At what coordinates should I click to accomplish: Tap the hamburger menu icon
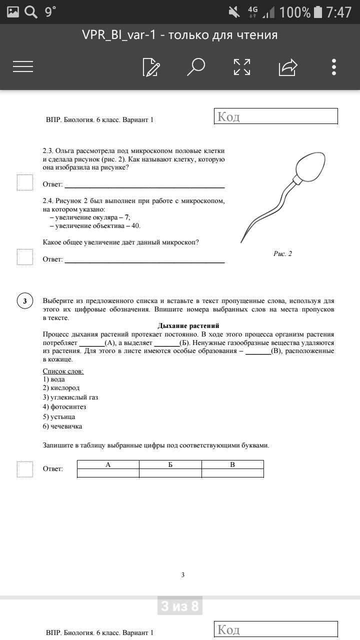23,66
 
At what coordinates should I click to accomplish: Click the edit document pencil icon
151,66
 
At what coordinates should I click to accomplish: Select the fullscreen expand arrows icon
242,66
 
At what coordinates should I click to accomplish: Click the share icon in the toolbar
288,66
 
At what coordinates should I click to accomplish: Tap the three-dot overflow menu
334,66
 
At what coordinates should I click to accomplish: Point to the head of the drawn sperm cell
310,167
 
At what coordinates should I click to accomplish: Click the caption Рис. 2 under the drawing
282,253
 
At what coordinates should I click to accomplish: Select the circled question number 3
25,301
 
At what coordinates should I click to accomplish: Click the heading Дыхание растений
188,326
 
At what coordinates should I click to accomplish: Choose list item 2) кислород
61,388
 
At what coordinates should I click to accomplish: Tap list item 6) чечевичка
62,426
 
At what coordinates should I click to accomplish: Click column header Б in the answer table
170,464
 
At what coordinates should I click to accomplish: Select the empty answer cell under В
232,473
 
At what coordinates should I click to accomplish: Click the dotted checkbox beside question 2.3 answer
24,182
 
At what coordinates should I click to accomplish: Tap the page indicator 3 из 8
180,606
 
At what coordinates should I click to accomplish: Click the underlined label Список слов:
63,371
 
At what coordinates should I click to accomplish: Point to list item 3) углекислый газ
70,397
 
